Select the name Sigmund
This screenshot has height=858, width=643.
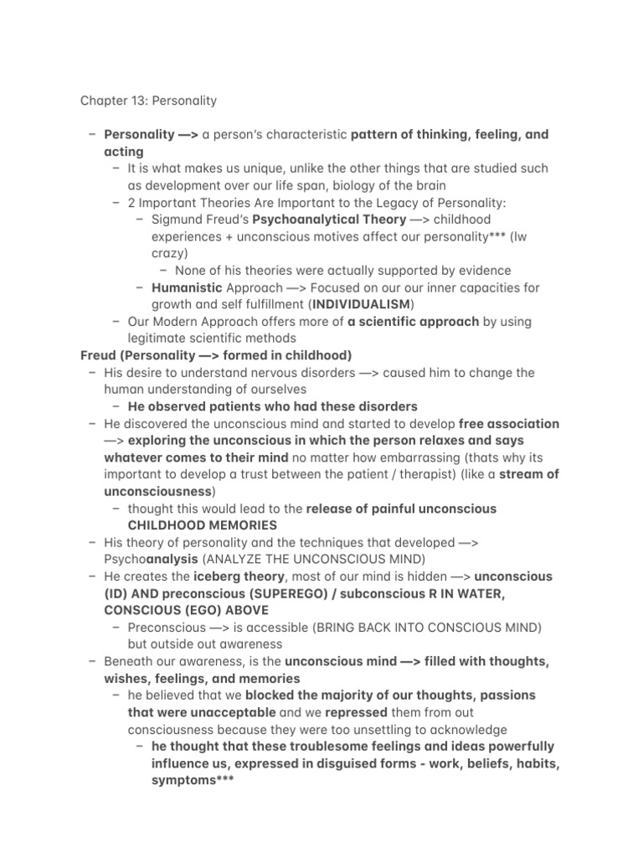[x=178, y=220]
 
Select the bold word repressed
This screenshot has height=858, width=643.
[x=356, y=713]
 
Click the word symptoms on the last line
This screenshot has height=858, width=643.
[x=183, y=781]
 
